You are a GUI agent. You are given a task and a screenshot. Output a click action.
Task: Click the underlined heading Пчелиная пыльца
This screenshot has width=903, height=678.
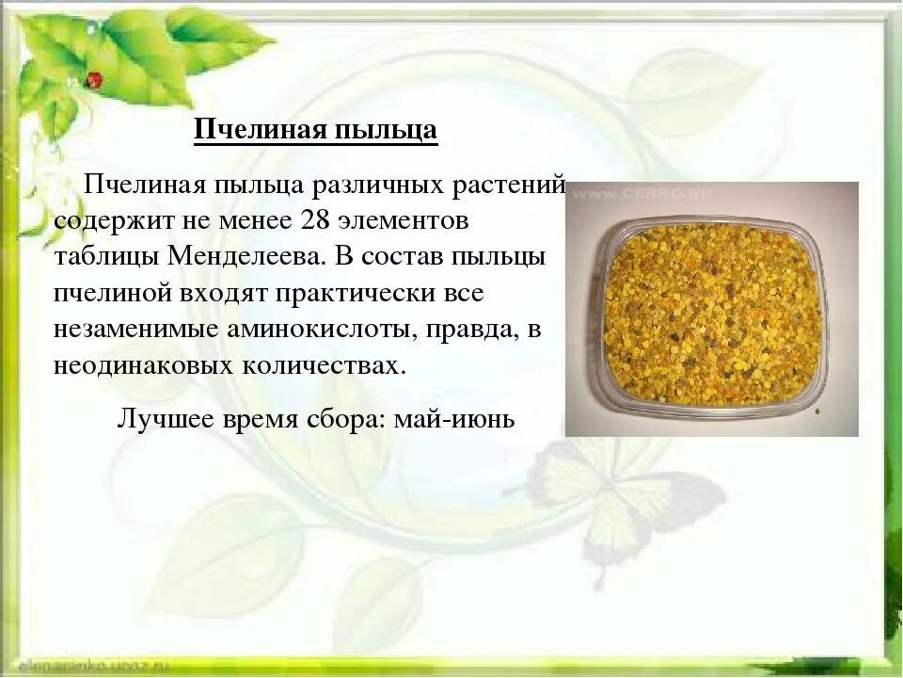[x=316, y=129]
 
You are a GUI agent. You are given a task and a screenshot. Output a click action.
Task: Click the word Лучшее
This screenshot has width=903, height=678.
[x=163, y=418]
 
